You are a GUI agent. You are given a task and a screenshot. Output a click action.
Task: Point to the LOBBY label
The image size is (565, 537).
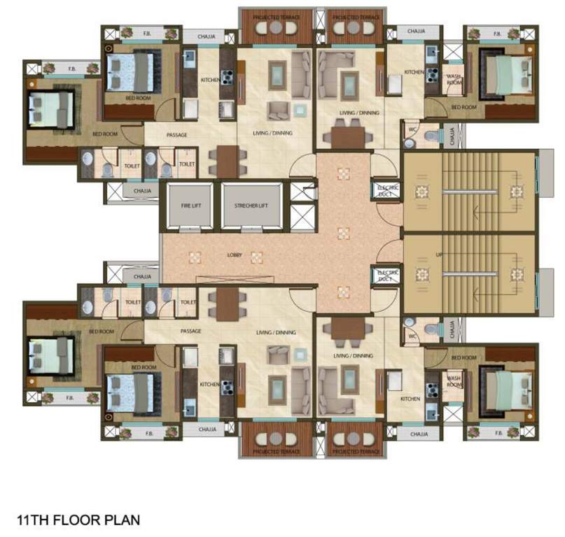coord(235,255)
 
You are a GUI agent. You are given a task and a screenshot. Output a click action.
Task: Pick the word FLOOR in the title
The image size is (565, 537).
coord(80,520)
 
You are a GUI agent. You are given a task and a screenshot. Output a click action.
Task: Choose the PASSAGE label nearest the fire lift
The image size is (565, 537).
coord(176,135)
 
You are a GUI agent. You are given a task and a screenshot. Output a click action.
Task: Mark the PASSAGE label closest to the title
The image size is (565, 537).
coord(190,331)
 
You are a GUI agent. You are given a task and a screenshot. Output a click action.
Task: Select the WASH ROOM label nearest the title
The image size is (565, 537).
coord(454,380)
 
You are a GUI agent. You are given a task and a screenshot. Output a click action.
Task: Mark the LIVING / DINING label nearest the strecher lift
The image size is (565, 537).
coord(272,132)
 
